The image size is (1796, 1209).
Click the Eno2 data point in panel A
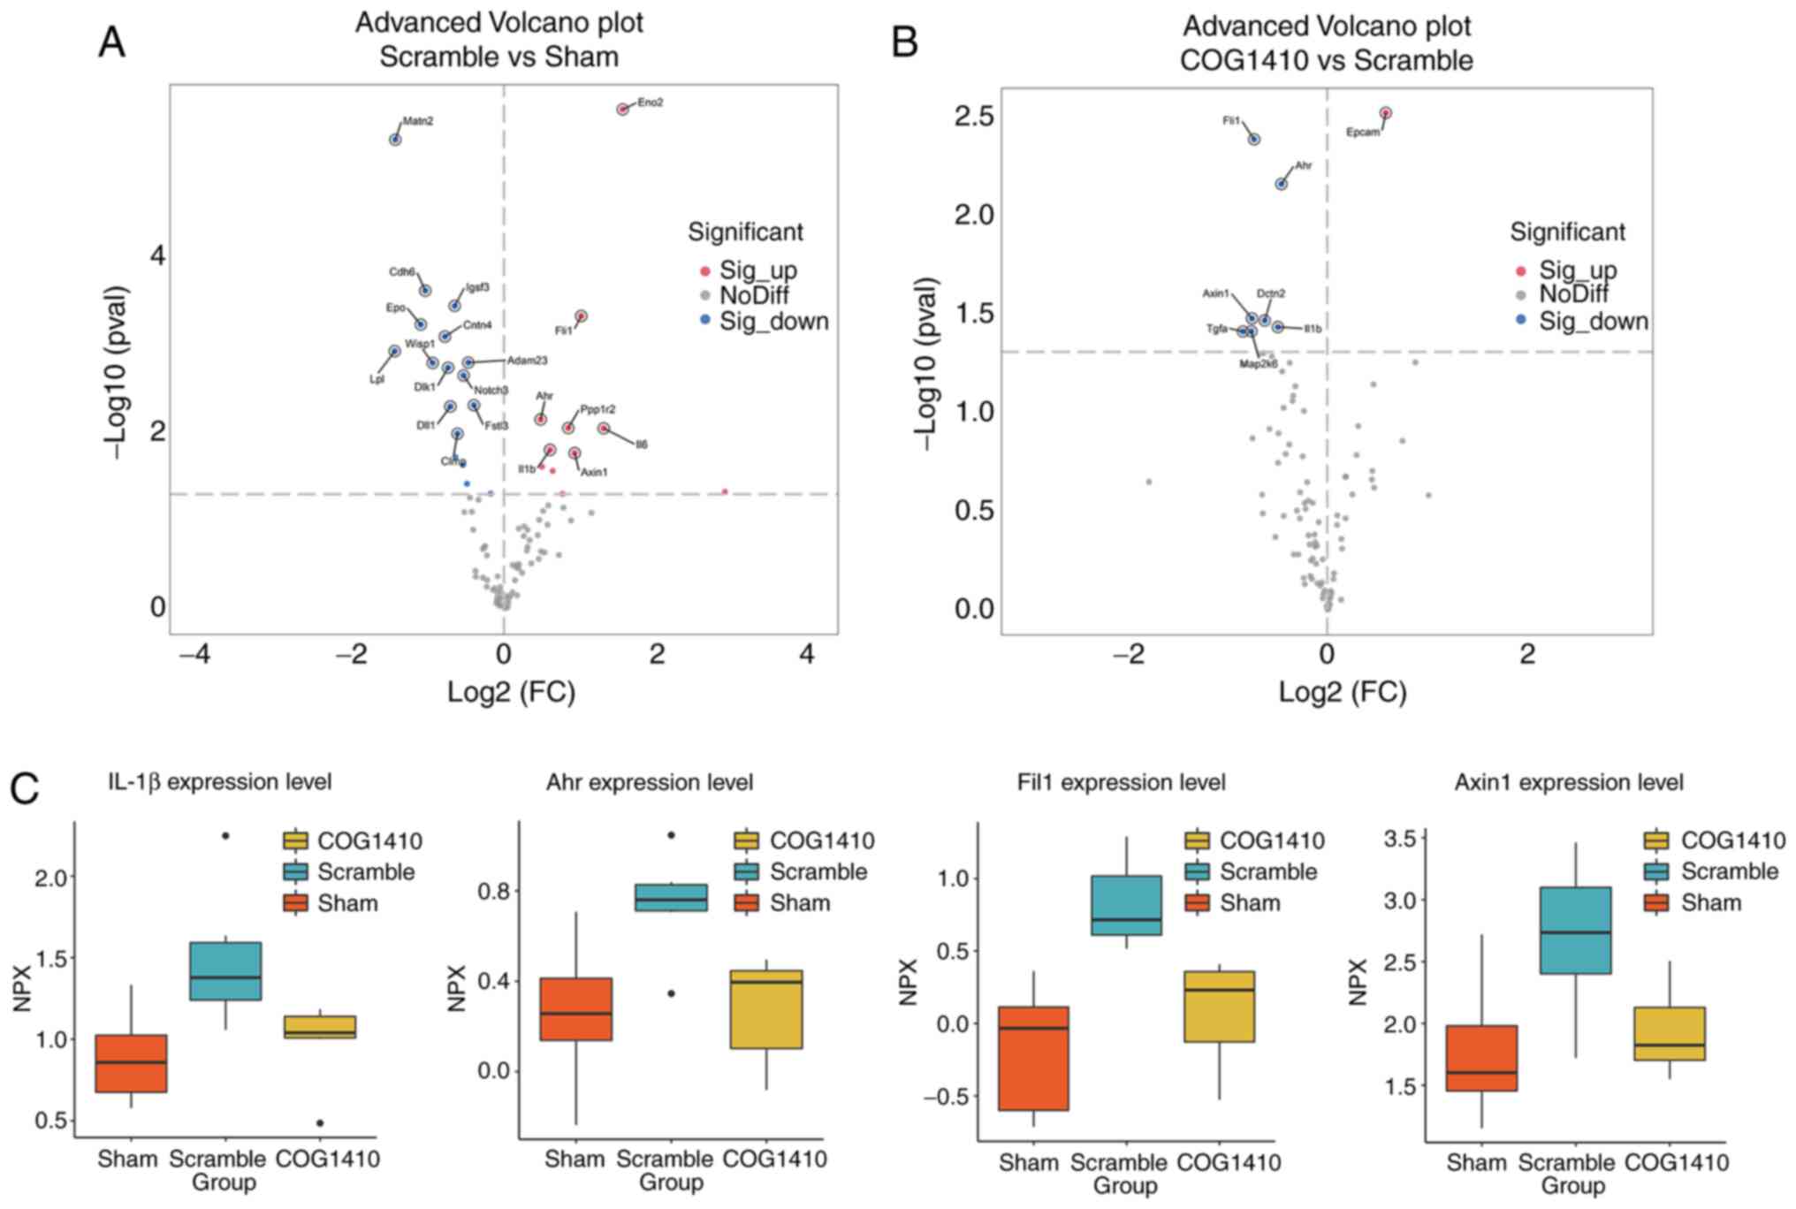(622, 109)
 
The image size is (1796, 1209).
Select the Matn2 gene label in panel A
(418, 121)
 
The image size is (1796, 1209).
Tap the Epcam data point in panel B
(1386, 113)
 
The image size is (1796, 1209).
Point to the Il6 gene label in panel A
(642, 445)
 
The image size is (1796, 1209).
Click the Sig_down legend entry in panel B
(1593, 321)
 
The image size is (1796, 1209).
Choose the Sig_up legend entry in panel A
(757, 270)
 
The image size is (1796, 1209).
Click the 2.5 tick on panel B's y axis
(975, 117)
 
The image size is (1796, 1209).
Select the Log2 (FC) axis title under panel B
(1343, 692)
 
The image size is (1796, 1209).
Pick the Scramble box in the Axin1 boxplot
(1575, 930)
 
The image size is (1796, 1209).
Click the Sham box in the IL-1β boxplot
(131, 1063)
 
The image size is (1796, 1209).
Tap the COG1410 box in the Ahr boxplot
(766, 1008)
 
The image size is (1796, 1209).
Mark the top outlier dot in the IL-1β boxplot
(225, 835)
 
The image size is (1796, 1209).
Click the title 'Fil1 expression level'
(1121, 783)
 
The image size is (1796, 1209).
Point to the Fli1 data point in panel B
(1254, 140)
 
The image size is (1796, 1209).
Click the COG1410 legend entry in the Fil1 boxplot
(1271, 840)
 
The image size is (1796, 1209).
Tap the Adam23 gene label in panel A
(527, 361)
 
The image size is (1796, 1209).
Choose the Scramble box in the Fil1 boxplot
(1126, 905)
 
